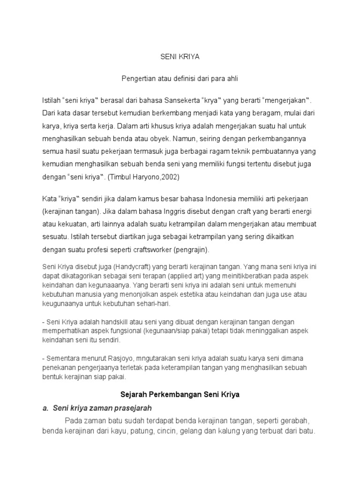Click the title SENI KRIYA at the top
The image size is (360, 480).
click(180, 57)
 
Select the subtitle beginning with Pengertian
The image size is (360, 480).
click(180, 79)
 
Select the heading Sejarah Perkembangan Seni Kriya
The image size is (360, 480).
click(180, 394)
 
